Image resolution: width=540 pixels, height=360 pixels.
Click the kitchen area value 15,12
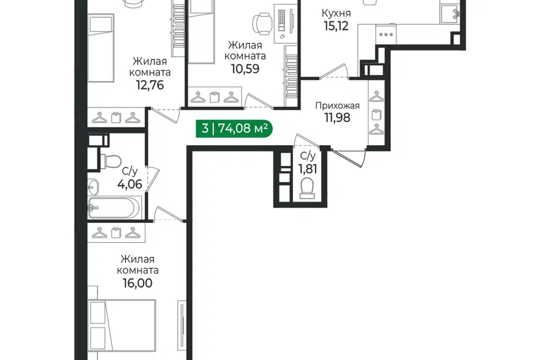(x=336, y=26)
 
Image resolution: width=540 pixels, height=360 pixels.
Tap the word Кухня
(x=336, y=13)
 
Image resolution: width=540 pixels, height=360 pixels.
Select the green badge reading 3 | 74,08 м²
(x=234, y=128)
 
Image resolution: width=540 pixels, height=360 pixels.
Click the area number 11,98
(x=337, y=118)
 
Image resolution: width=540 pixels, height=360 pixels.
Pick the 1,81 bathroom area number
(x=308, y=169)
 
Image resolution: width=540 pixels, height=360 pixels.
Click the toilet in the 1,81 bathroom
(x=307, y=188)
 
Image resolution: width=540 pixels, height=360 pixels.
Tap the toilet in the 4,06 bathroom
(x=111, y=161)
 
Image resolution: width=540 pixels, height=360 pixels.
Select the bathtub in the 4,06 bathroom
(x=115, y=208)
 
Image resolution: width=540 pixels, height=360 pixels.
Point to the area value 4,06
(x=129, y=184)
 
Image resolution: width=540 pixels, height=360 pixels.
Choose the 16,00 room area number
(x=137, y=283)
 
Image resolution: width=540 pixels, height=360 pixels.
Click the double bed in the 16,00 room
(x=122, y=329)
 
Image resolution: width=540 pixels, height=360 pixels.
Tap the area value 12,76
(x=150, y=85)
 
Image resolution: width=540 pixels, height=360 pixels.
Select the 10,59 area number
(x=245, y=69)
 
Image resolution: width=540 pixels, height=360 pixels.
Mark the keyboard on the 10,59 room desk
(x=281, y=20)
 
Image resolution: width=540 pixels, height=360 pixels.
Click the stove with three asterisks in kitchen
(x=386, y=34)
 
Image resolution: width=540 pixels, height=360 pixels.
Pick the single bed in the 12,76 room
(x=101, y=48)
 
